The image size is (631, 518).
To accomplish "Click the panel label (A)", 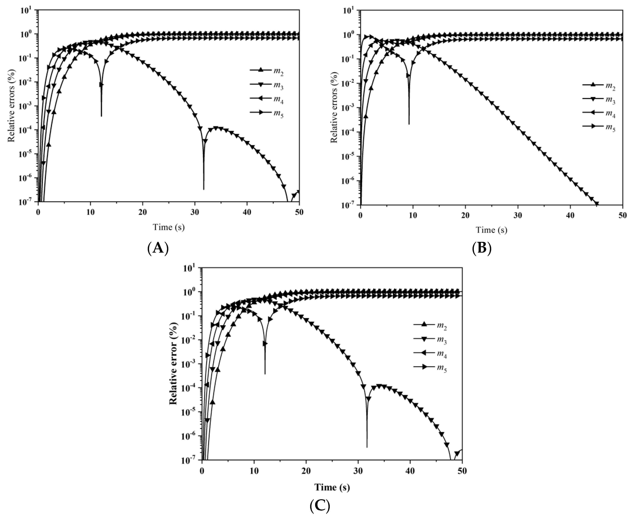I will [158, 248].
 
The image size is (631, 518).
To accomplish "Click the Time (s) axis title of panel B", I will [491, 230].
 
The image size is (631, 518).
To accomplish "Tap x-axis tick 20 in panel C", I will [306, 471].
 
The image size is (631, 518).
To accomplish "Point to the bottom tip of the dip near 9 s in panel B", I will [409, 124].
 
